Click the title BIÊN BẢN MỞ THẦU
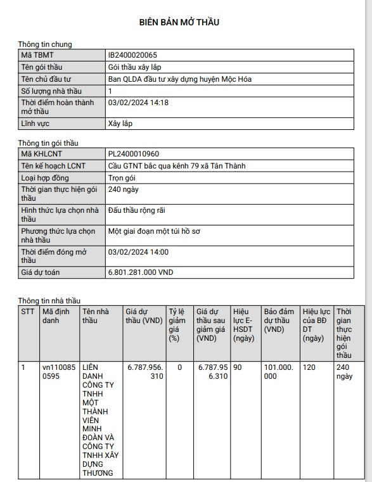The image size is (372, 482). click(x=179, y=22)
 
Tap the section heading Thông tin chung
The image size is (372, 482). click(x=45, y=44)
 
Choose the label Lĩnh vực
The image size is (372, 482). click(x=37, y=124)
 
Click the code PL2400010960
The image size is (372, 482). click(x=134, y=154)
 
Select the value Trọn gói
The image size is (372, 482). click(x=124, y=178)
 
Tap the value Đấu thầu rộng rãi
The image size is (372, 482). click(x=137, y=210)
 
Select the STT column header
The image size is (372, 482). click(x=29, y=312)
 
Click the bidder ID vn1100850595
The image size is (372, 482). click(x=58, y=371)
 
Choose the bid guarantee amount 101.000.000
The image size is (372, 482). click(x=279, y=371)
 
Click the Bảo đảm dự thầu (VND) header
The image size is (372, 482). click(x=279, y=320)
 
